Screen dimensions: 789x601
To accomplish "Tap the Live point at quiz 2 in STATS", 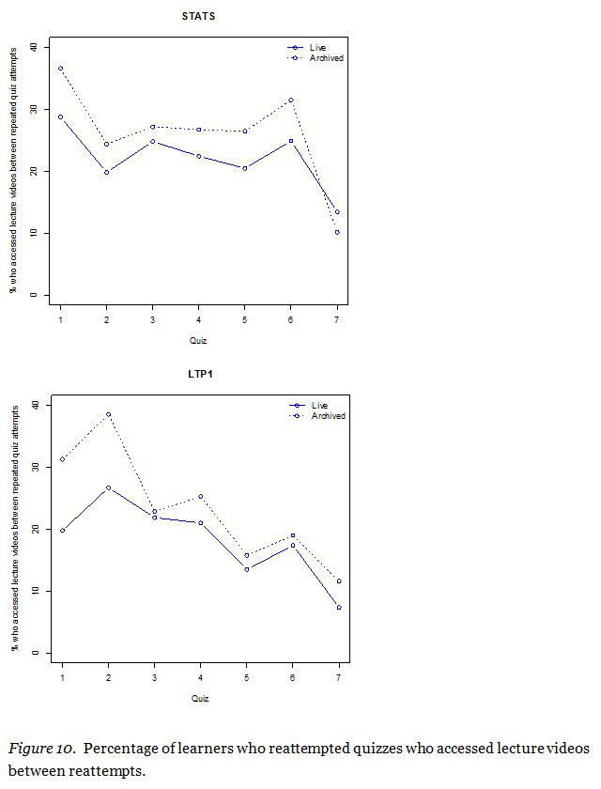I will (x=106, y=172).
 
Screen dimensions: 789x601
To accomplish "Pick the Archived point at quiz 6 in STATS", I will (x=290, y=101).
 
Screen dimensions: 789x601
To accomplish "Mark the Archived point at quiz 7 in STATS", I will (x=336, y=232).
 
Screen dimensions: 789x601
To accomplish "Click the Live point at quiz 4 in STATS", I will (x=198, y=156).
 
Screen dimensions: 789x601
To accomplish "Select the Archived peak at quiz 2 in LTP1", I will (x=107, y=414).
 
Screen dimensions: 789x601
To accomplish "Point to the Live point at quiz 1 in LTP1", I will (x=61, y=531).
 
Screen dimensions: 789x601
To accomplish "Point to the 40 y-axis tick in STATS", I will (x=35, y=47).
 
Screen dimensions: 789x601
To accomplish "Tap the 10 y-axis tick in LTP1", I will (x=35, y=591).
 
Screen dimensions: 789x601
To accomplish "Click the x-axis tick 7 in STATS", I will (x=336, y=320).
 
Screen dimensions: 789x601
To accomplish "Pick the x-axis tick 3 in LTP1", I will (x=153, y=678).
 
